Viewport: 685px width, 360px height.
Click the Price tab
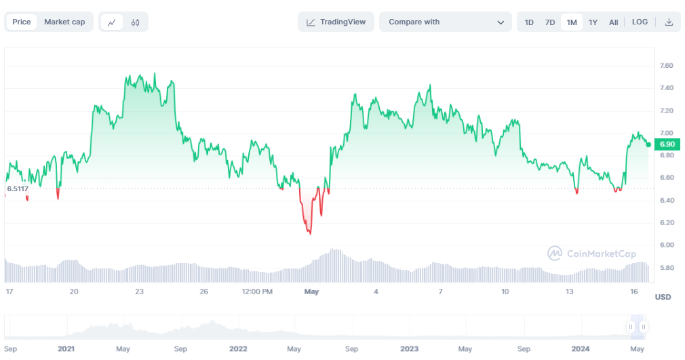coord(22,22)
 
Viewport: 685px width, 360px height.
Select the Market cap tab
coord(64,22)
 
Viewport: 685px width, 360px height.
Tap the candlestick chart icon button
coord(135,22)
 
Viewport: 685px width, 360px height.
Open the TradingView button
coord(336,22)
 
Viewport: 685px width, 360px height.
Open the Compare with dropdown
coord(446,22)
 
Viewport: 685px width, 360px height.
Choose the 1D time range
coord(529,22)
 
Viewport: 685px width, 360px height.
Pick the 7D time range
coord(550,22)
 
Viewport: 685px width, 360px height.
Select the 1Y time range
coord(593,22)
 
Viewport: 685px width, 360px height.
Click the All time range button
coord(613,22)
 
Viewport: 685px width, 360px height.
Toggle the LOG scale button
coord(640,22)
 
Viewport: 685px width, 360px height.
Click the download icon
coord(669,22)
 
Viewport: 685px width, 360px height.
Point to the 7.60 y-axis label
coord(666,66)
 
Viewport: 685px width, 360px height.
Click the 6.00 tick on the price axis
coord(666,245)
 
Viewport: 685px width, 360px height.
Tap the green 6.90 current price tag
coord(667,144)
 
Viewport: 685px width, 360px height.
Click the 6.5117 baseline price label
coord(18,188)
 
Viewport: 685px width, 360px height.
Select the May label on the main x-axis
coord(311,292)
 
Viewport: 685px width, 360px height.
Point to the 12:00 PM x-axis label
coord(257,292)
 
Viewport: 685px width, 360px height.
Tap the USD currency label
coord(663,297)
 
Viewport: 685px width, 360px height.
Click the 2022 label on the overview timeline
coord(238,348)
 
